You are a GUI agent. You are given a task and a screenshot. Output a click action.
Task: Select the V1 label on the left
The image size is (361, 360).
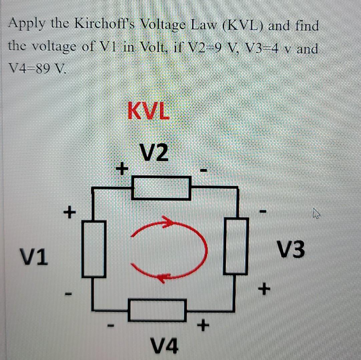click(x=33, y=257)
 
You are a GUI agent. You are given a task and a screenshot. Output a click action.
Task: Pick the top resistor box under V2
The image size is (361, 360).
click(x=161, y=188)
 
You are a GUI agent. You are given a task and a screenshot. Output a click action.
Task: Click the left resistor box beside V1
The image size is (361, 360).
click(x=94, y=249)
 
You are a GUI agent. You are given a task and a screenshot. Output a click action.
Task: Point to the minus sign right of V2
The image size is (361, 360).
click(x=204, y=171)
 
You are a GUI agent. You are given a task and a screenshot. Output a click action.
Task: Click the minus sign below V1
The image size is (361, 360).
click(x=68, y=294)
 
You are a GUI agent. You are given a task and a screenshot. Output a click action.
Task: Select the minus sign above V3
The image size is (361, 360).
click(x=263, y=211)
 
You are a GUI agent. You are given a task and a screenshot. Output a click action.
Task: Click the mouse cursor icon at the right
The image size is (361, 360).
click(x=316, y=213)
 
